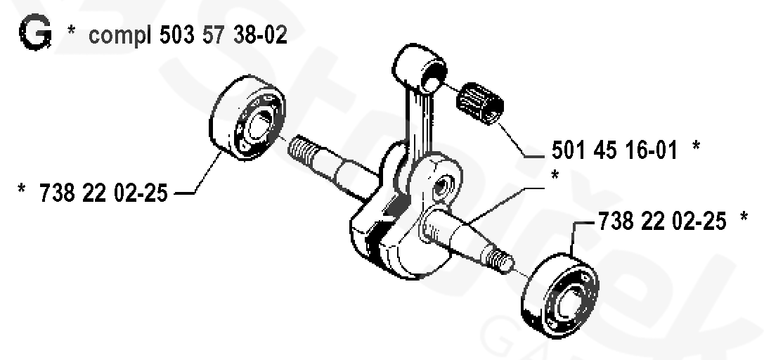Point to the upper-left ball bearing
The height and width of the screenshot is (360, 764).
click(246, 120)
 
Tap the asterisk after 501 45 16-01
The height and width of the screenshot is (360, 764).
click(696, 146)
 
